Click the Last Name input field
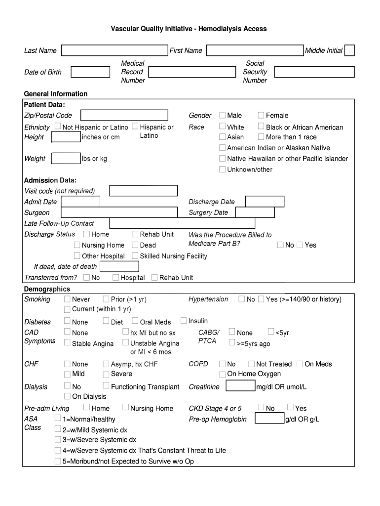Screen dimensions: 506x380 (114, 50)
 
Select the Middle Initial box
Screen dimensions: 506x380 (349, 50)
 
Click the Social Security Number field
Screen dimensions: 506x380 (314, 72)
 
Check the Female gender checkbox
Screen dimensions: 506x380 (261, 115)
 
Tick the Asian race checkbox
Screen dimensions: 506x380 (222, 137)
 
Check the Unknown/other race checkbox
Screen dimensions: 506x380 (222, 169)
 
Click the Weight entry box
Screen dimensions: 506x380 (66, 159)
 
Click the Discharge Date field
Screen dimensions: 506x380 (265, 202)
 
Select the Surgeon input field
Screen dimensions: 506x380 (119, 212)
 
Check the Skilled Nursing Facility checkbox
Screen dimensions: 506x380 (135, 256)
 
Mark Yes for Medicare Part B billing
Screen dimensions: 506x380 (300, 245)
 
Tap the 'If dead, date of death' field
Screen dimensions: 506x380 (119, 267)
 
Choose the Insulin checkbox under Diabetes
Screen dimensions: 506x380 (184, 321)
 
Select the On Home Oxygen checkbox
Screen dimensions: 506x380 (222, 374)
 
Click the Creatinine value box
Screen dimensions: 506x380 (240, 386)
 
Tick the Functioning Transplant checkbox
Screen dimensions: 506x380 (106, 386)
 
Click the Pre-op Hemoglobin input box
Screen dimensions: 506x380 (269, 419)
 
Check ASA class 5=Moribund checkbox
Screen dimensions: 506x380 (58, 462)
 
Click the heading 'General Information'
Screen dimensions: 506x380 (56, 94)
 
